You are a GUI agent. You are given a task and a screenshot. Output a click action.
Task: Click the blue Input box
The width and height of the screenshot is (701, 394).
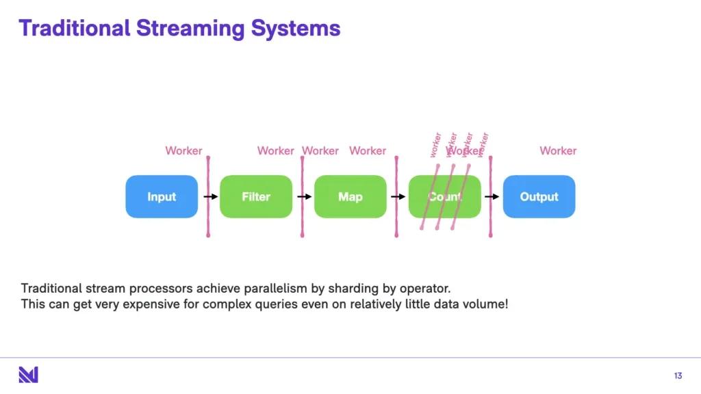(162, 197)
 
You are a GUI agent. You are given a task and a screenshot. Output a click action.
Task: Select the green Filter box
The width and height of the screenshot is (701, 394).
(256, 197)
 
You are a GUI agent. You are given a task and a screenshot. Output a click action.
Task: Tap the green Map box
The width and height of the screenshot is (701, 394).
(350, 197)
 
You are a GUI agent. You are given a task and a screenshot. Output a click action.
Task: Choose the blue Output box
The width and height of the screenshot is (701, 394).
(539, 197)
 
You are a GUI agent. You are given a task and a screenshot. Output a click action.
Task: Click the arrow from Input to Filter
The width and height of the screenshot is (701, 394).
(211, 196)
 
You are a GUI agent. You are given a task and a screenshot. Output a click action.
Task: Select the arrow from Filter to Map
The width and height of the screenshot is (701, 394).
(305, 196)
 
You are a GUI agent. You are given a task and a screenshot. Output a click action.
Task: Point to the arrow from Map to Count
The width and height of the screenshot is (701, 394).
(398, 196)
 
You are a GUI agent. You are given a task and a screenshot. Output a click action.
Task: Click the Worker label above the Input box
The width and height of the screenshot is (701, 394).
(183, 150)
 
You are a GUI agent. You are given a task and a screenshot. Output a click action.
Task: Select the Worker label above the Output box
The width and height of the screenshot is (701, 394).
(558, 150)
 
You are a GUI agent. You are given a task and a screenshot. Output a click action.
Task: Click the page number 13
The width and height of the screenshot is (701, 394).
(678, 376)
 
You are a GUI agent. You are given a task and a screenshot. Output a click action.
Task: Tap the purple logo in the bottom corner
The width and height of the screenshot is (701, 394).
(28, 375)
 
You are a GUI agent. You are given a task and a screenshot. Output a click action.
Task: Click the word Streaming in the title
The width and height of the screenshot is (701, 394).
(190, 29)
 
